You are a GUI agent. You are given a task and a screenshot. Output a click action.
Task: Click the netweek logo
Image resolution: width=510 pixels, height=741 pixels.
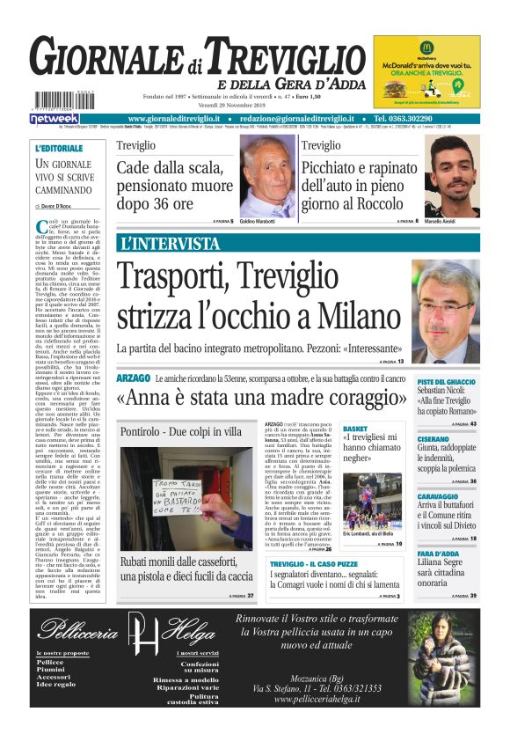(54, 118)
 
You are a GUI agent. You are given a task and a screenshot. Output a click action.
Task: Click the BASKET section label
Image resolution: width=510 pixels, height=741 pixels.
(355, 429)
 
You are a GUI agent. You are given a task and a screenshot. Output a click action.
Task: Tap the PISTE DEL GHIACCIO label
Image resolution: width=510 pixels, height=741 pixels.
(446, 381)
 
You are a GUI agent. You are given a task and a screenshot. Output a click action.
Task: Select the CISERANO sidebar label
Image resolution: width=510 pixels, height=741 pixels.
(433, 438)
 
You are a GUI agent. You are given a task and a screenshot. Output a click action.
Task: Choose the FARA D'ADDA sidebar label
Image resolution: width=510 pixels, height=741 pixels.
(436, 554)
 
